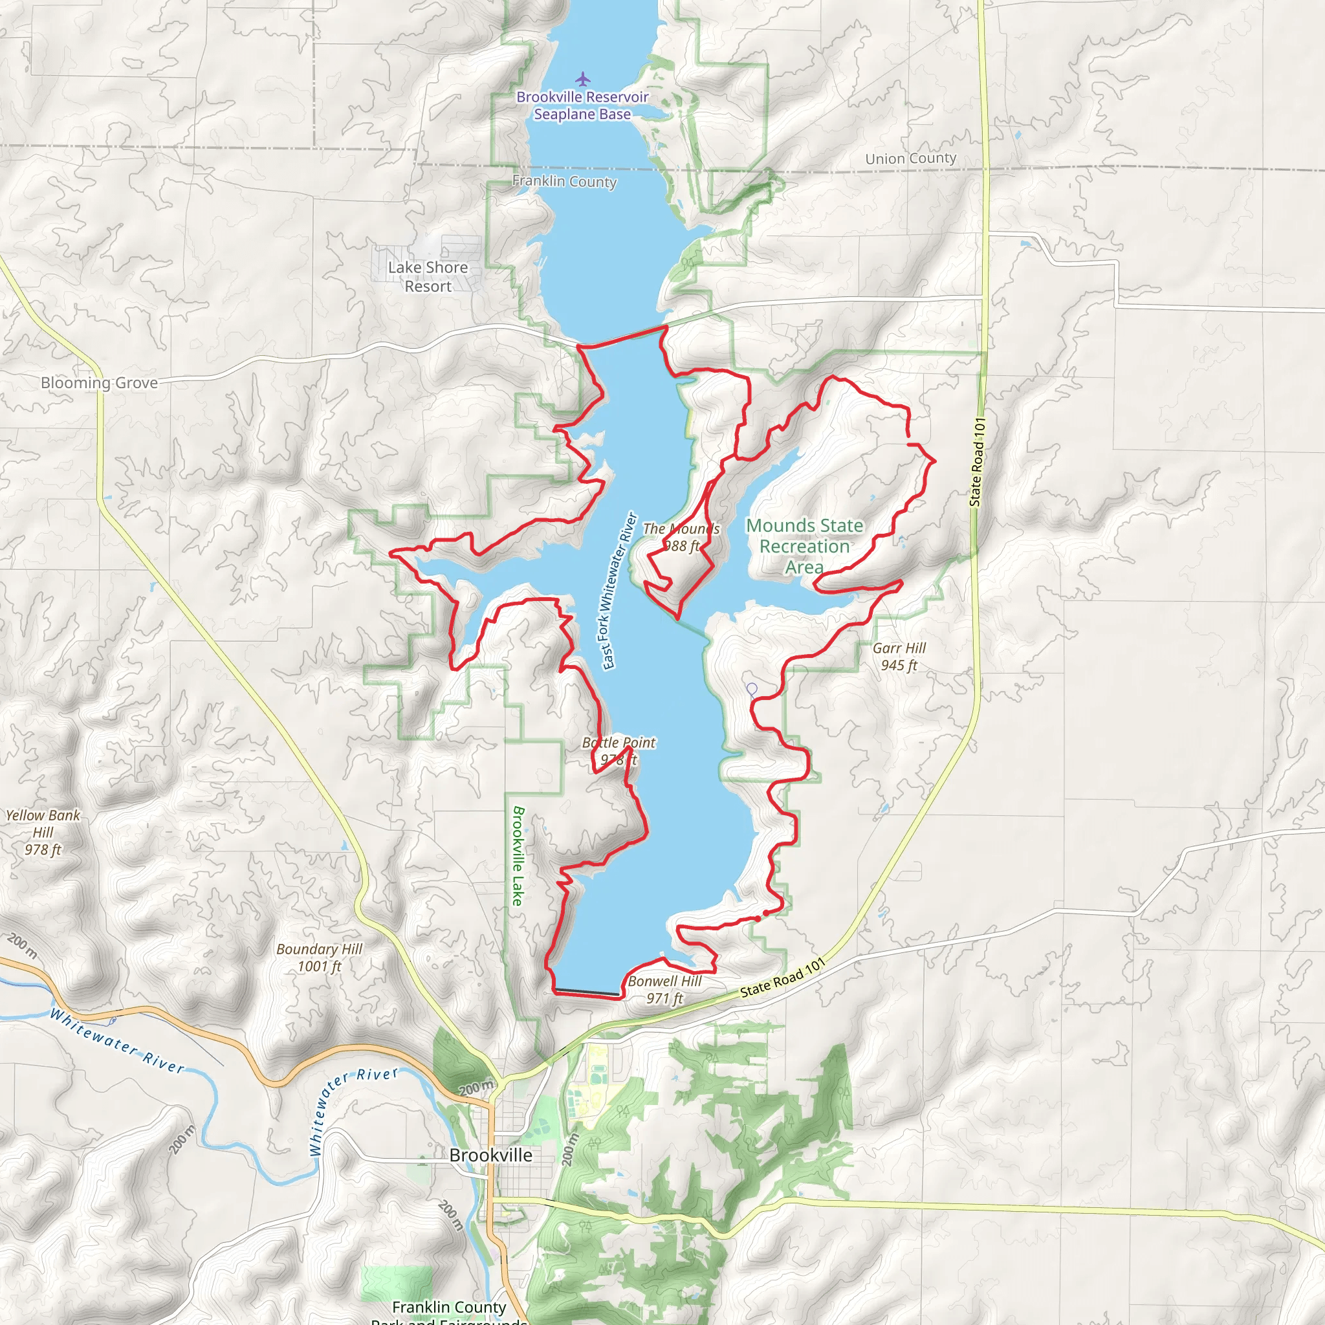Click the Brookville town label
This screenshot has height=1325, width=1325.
(x=490, y=1155)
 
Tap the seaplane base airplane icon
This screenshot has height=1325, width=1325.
(x=582, y=79)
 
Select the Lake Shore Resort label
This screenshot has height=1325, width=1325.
(x=428, y=276)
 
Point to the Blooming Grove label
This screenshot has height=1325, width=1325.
(x=99, y=383)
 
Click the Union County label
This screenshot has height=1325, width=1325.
(x=910, y=159)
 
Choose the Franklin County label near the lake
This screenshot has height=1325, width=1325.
(x=564, y=181)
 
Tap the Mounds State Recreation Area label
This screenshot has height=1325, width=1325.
(x=804, y=546)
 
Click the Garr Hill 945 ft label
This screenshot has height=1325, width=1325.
(x=899, y=656)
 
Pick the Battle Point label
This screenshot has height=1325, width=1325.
(x=618, y=743)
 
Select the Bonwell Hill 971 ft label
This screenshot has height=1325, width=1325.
(x=664, y=990)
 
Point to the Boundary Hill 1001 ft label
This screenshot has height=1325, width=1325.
(x=319, y=958)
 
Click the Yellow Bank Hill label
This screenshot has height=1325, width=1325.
(x=43, y=832)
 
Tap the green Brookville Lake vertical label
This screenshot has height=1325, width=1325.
(x=518, y=855)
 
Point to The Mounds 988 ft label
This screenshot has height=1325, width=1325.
(x=681, y=537)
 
